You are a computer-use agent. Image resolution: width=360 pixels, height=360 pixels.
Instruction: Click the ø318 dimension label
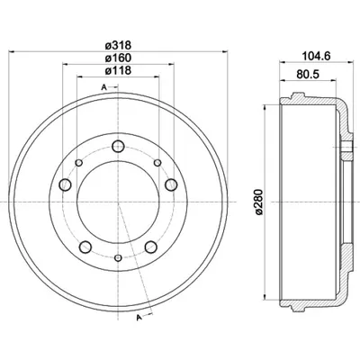click(118, 46)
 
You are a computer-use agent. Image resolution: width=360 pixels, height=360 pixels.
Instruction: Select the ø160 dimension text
click(118, 58)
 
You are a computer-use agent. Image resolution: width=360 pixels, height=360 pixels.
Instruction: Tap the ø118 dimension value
click(118, 70)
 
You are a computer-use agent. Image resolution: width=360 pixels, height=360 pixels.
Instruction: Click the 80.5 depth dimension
click(308, 75)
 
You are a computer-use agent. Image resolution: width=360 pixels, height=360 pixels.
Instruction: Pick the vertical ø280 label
click(258, 202)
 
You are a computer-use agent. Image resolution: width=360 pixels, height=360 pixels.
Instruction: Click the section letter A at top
click(103, 87)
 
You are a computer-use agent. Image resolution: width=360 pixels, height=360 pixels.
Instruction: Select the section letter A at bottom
click(139, 318)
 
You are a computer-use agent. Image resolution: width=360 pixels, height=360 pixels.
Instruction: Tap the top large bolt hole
click(118, 147)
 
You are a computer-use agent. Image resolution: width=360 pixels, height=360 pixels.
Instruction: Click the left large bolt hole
click(65, 184)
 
